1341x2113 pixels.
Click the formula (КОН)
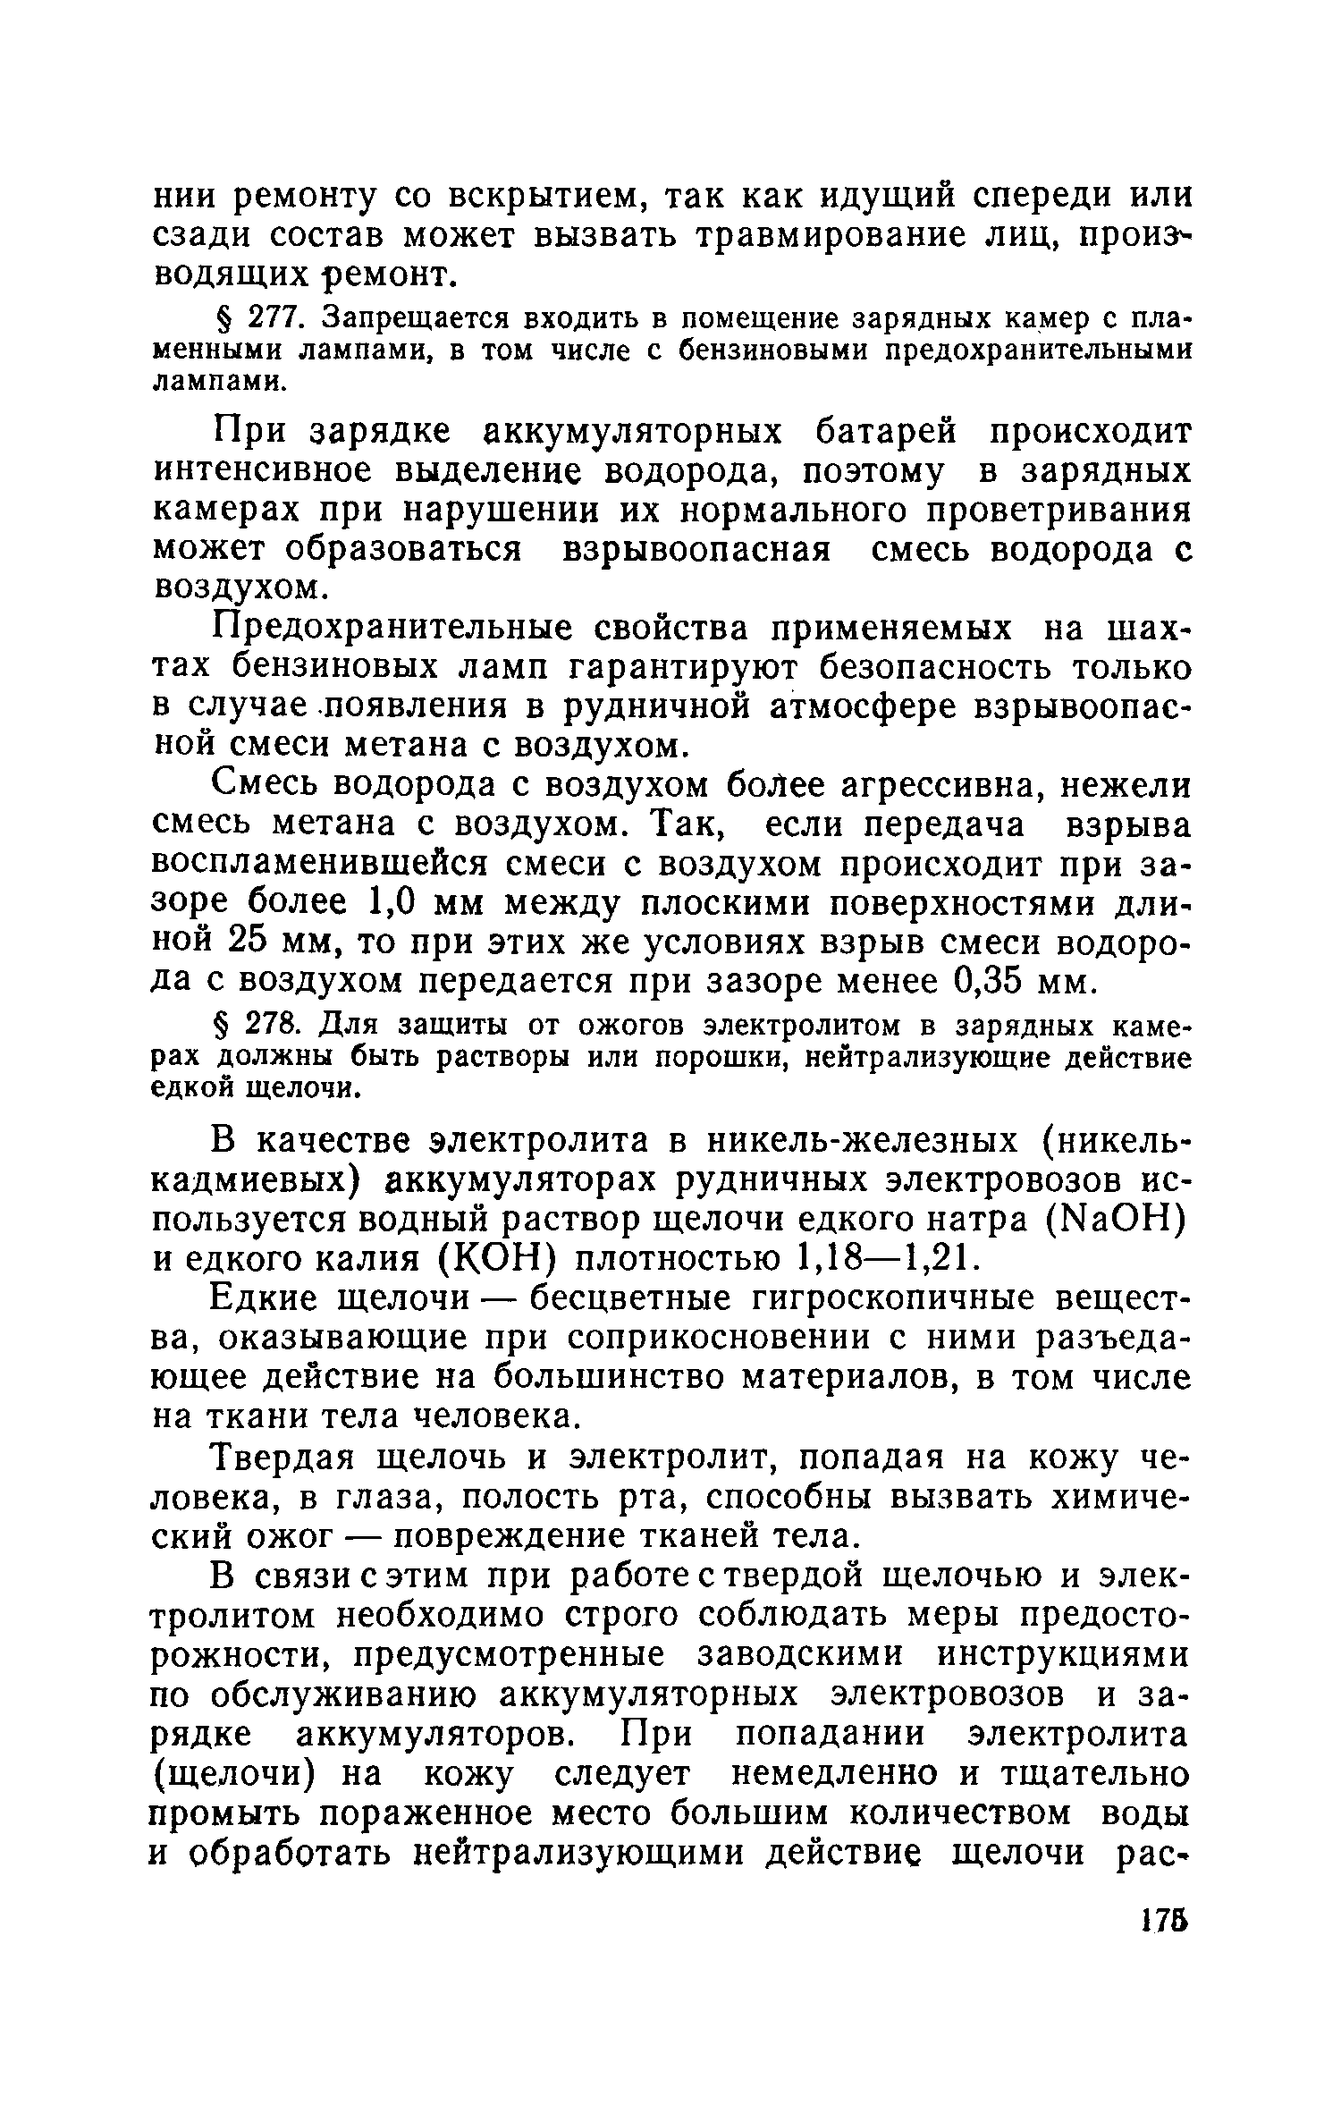point(499,1261)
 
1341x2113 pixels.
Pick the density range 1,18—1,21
point(881,1261)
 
